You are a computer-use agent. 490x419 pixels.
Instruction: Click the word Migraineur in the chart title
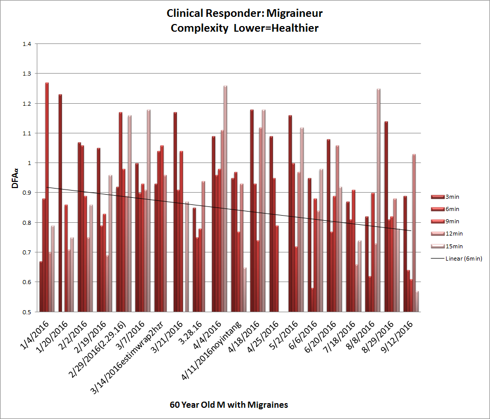[294, 13]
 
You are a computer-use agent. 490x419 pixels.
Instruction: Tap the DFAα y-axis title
[15, 178]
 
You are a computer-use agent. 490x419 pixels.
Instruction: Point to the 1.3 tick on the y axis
[27, 74]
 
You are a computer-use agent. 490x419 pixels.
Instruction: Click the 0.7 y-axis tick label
[27, 252]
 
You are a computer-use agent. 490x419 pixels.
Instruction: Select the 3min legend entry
[445, 197]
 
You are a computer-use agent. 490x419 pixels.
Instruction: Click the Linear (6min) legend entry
[457, 259]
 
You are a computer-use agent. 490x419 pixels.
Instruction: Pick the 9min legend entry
[445, 222]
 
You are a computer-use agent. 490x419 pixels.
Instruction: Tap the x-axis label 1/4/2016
[35, 334]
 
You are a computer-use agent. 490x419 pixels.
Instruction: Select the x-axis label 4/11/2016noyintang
[211, 350]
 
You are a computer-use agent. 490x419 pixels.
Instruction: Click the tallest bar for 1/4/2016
[47, 197]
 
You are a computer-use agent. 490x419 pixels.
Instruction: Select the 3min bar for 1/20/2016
[60, 203]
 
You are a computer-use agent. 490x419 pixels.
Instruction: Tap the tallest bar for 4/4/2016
[225, 199]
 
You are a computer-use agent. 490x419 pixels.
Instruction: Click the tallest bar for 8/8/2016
[379, 200]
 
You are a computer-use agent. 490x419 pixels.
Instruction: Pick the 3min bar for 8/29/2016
[386, 217]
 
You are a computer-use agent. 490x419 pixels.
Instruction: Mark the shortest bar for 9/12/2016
[417, 301]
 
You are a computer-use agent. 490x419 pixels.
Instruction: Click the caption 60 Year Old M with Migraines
[229, 405]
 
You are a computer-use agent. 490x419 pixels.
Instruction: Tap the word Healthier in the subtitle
[295, 28]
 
